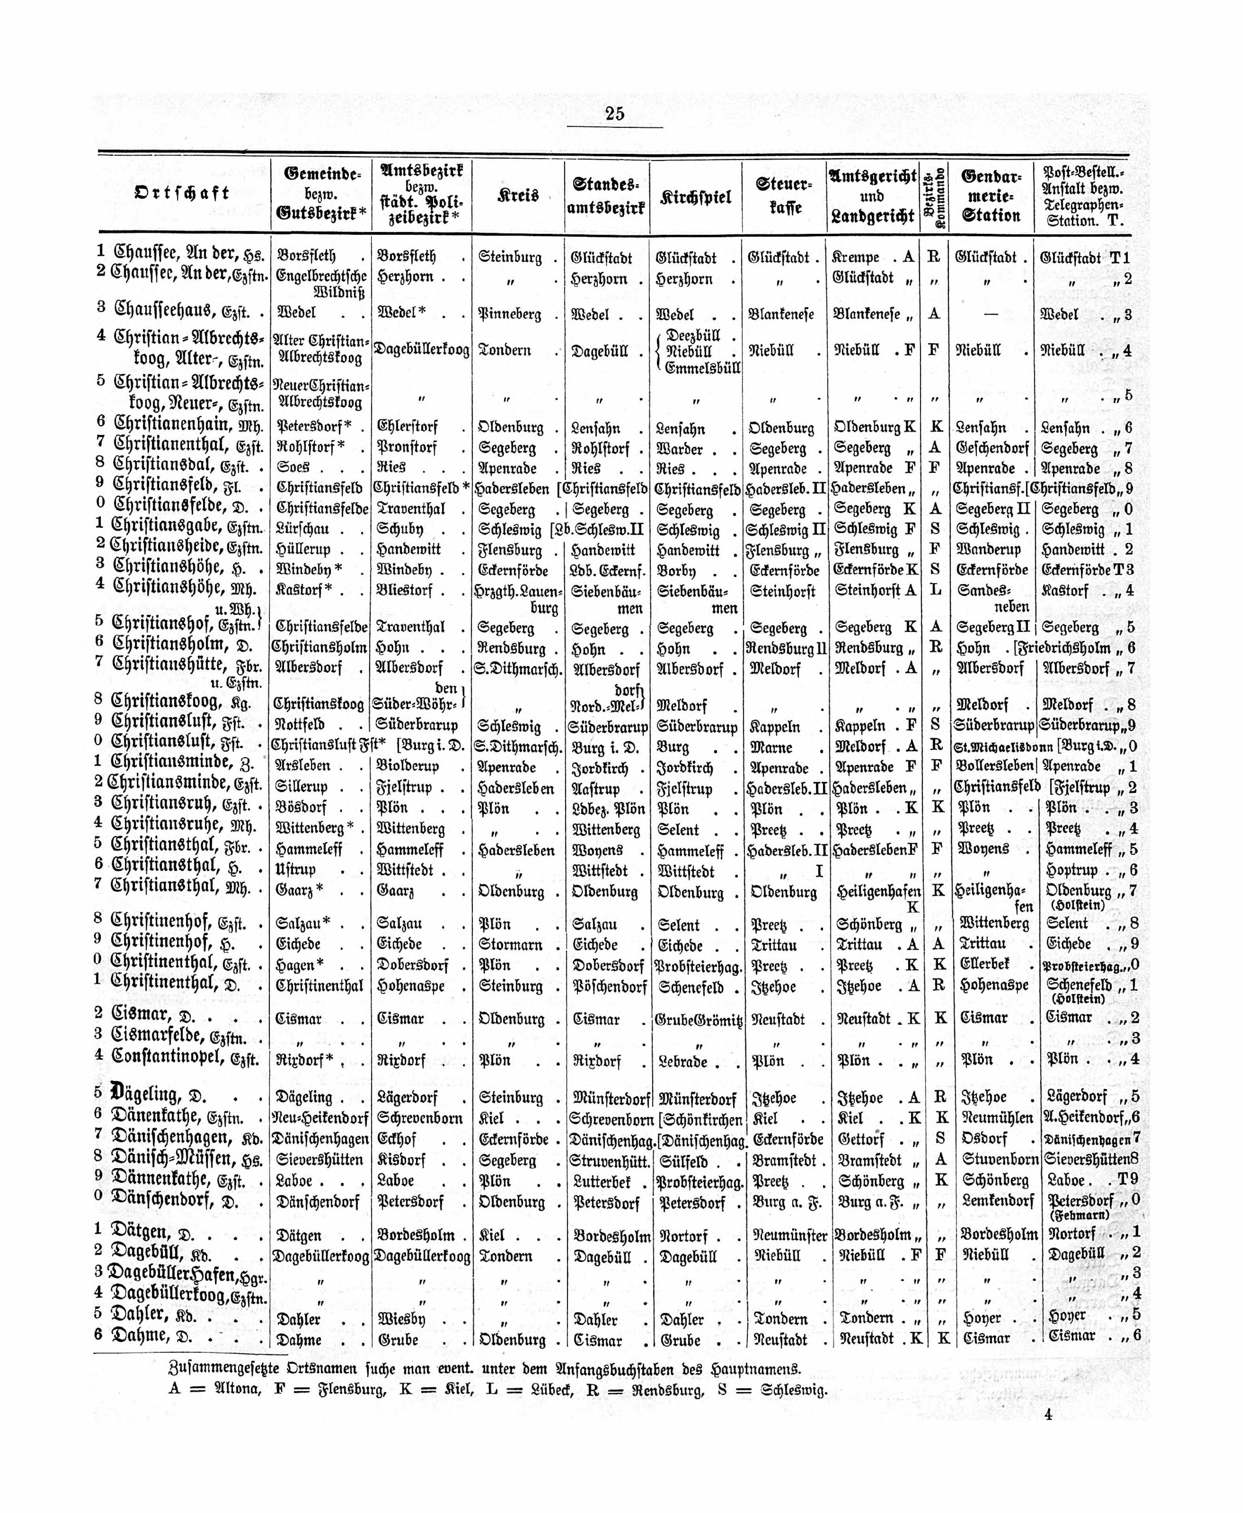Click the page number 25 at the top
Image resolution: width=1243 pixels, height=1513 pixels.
pos(614,114)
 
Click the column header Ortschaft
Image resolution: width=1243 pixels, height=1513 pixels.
pos(183,193)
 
